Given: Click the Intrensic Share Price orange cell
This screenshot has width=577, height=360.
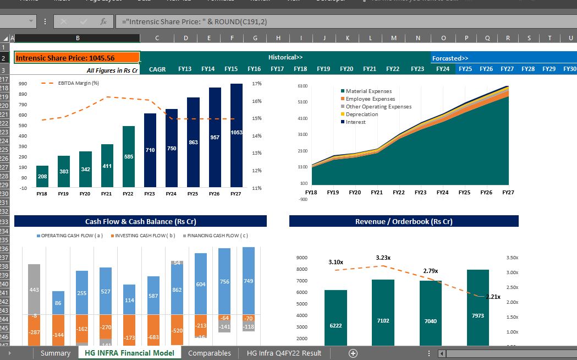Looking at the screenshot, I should pos(76,58).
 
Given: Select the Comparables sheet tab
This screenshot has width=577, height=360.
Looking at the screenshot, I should pos(209,353).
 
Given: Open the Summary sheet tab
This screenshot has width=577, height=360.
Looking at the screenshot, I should pos(55,353).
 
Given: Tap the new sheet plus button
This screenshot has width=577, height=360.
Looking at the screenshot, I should pos(353,353).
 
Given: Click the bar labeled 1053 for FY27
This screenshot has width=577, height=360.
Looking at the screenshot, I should pos(236,135).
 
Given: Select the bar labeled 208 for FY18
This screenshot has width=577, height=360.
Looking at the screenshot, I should pos(42,176).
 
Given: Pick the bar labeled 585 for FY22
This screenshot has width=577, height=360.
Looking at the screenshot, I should pos(128,156).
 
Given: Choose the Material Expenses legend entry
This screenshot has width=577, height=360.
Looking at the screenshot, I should pos(368,91).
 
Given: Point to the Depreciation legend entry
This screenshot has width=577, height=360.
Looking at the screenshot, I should pos(361,114).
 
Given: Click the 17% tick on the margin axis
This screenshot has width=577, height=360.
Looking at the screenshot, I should pos(256,84).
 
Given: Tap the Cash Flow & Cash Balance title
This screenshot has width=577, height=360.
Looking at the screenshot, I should pos(140,221).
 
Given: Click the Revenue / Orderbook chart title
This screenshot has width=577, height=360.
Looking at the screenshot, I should pos(404,221).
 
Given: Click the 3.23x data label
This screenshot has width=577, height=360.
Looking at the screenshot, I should pos(383,258).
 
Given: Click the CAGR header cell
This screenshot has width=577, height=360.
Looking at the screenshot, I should pos(157,69).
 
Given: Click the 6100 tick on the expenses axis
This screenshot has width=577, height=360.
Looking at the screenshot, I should pos(302,86).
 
